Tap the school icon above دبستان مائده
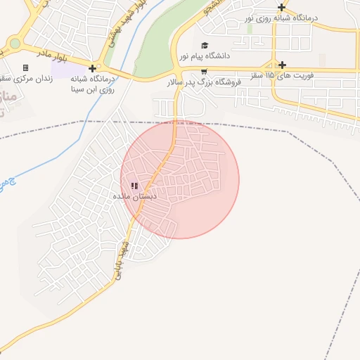134,186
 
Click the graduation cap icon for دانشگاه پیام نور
205,45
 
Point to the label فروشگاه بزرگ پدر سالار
204,82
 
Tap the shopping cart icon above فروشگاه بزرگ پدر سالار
204,72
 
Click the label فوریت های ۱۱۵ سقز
283,74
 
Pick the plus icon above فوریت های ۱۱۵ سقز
282,64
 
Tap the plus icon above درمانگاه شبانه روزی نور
282,7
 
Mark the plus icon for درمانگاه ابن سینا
92,68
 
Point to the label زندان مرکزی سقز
27,78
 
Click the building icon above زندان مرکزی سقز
26,67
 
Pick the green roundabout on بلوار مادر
15,44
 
